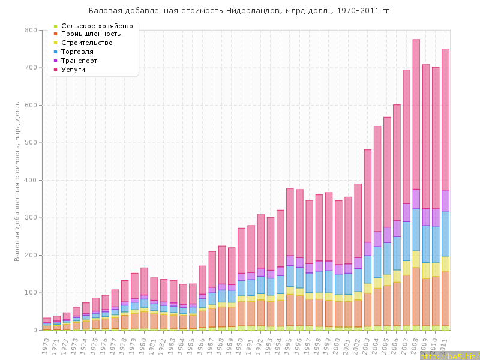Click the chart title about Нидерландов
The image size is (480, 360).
point(240,11)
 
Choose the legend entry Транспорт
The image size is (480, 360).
point(83,61)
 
